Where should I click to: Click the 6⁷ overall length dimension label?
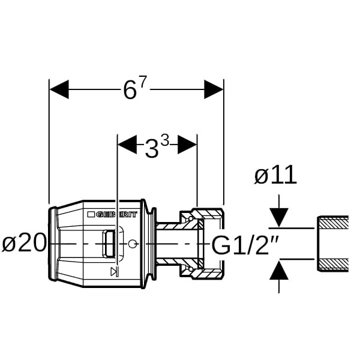[x=134, y=89]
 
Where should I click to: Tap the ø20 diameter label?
[x=24, y=244]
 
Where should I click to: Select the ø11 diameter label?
[x=275, y=176]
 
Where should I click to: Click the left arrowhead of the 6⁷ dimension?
[x=59, y=90]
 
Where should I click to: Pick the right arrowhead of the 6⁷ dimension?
[x=214, y=90]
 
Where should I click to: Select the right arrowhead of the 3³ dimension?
[x=187, y=144]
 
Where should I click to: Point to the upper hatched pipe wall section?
[x=334, y=223]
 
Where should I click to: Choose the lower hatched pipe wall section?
[x=334, y=265]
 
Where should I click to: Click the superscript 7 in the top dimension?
[x=143, y=81]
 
